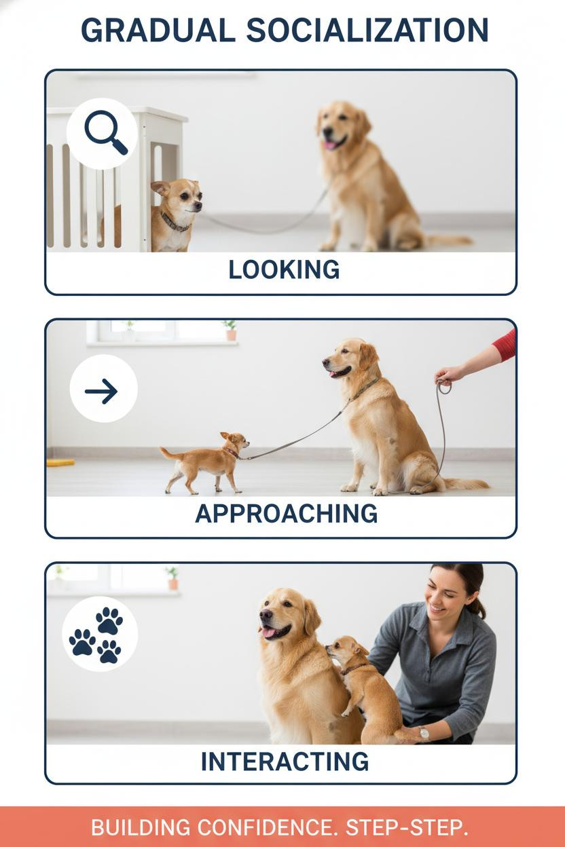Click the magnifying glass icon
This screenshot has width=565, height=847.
tap(105, 132)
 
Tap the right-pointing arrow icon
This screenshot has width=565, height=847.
tap(101, 391)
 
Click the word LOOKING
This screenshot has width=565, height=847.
tap(284, 270)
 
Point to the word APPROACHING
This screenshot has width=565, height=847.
tap(286, 514)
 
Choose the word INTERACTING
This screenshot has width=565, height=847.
tap(285, 761)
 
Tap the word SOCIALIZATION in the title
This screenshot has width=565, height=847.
tap(367, 31)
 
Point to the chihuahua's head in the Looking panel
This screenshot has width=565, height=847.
tap(177, 196)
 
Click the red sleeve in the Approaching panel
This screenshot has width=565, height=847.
tap(505, 345)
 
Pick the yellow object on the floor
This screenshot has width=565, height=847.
tap(60, 462)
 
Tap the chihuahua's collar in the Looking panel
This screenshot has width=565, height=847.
tap(174, 223)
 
